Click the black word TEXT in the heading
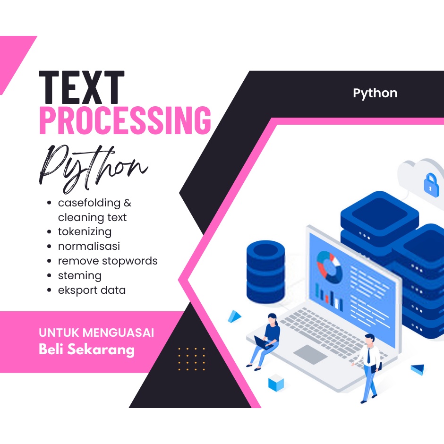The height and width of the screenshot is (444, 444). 81,88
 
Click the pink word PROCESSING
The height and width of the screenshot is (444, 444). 125,120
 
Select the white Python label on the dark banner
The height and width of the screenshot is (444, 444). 375,93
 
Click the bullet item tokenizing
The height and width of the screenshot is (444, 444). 85,232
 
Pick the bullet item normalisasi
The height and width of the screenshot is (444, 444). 89,246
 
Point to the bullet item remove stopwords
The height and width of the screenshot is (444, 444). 108,261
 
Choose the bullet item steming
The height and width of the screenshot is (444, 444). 79,275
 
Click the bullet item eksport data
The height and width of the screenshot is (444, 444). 92,290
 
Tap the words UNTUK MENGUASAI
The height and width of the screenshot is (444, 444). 96,333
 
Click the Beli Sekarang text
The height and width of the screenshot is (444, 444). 86,350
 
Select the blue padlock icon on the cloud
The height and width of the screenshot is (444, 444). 431,185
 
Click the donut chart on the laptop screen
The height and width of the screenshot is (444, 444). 329,264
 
